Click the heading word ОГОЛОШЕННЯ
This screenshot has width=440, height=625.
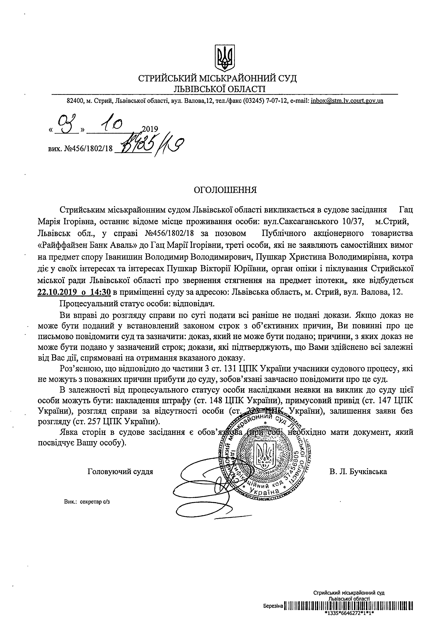225,190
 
